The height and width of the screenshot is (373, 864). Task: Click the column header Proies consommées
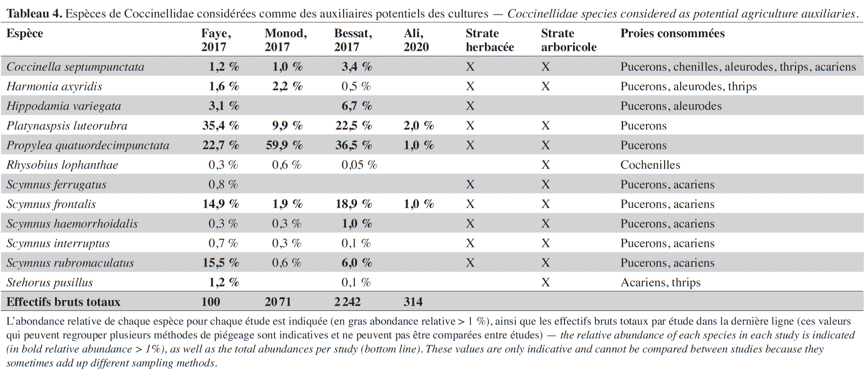click(x=673, y=33)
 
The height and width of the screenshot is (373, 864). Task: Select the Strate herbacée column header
click(x=490, y=40)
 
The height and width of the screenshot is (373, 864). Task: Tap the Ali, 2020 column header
click(x=416, y=40)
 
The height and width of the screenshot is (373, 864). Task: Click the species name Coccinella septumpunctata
click(x=75, y=67)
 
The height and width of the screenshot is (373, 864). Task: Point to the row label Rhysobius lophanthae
click(x=62, y=165)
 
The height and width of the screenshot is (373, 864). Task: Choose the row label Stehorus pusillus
click(x=50, y=282)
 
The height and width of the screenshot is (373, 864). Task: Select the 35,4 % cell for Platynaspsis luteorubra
click(x=221, y=126)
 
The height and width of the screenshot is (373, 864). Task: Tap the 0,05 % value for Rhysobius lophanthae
click(x=359, y=165)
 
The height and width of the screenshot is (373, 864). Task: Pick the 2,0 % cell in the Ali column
click(x=419, y=126)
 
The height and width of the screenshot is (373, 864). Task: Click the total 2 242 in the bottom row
click(x=347, y=302)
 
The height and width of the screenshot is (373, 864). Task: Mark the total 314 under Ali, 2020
click(x=413, y=302)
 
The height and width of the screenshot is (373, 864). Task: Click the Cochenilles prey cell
click(x=650, y=165)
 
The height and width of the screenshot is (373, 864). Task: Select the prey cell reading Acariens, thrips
click(x=660, y=282)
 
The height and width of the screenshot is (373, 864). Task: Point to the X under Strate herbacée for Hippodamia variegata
click(x=470, y=106)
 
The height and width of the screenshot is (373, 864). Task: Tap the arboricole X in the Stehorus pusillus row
click(x=546, y=282)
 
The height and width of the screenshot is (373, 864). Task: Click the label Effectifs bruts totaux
click(x=64, y=302)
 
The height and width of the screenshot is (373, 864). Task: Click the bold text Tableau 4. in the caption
click(x=34, y=14)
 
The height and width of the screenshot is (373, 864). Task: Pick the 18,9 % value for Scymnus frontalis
click(x=354, y=204)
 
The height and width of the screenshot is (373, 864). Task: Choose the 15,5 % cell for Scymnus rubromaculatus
click(x=221, y=263)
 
